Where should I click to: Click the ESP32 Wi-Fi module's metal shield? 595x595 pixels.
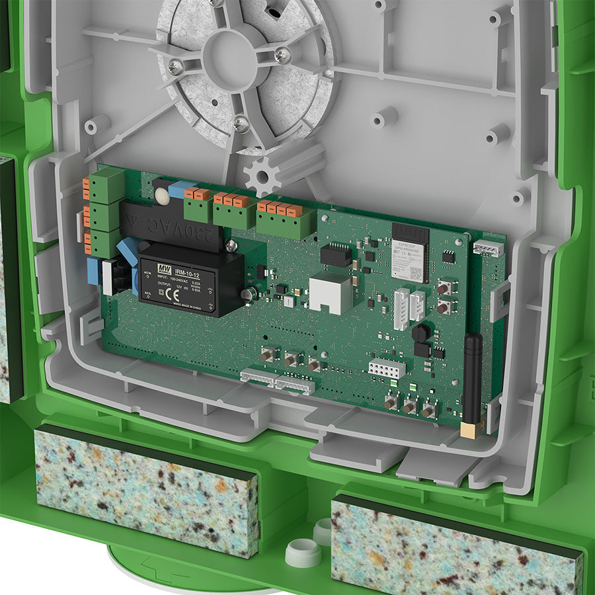[410, 262]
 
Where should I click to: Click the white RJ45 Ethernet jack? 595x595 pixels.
[330, 292]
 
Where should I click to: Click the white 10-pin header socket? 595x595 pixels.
[386, 368]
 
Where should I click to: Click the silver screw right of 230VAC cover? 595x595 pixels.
[231, 246]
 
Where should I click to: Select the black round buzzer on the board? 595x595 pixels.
[420, 333]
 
